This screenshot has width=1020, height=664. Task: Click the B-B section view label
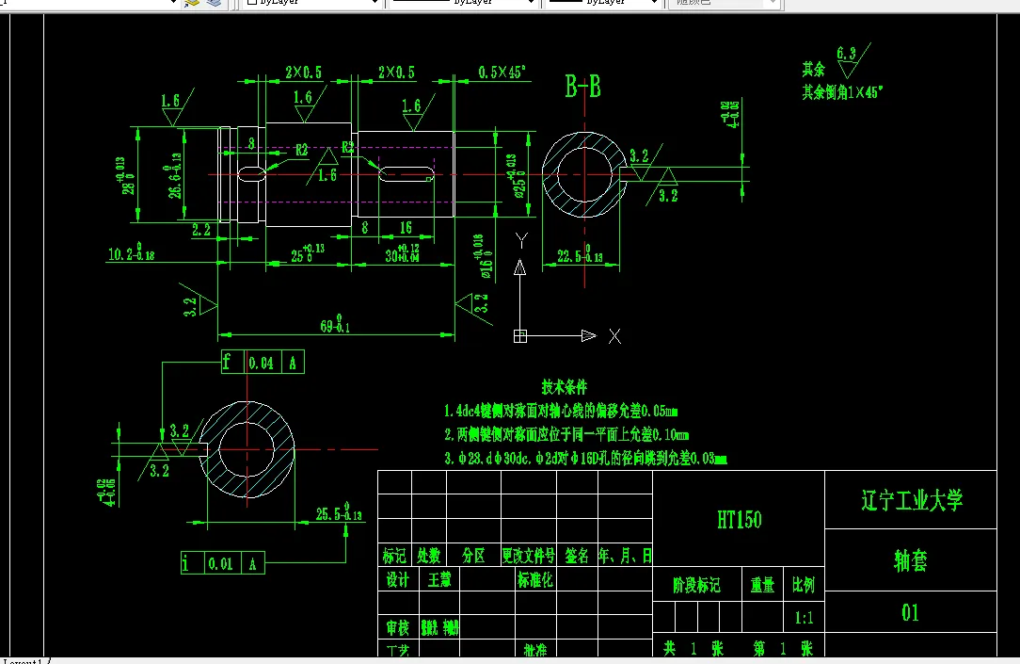coord(582,88)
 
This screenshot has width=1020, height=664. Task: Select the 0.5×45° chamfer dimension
coord(502,72)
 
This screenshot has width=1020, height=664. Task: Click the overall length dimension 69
coord(332,326)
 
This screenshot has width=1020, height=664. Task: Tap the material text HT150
coord(739,519)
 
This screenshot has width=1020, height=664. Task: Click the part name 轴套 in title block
coord(910,561)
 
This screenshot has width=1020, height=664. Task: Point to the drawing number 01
coord(910,613)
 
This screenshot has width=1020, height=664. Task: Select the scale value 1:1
coord(804,619)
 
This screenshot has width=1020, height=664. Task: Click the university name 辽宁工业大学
coord(911,500)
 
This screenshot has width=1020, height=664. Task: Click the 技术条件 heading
coord(564,387)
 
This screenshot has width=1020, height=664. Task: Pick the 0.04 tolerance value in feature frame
coord(263,363)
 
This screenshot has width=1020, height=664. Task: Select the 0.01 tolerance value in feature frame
coord(220,564)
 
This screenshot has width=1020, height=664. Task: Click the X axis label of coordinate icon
coord(614,336)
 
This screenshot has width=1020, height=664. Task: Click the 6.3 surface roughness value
coord(846,54)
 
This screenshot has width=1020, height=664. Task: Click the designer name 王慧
coord(439,580)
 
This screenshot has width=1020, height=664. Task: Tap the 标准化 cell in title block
coord(534,580)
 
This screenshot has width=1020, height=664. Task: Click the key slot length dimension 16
coord(406,228)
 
